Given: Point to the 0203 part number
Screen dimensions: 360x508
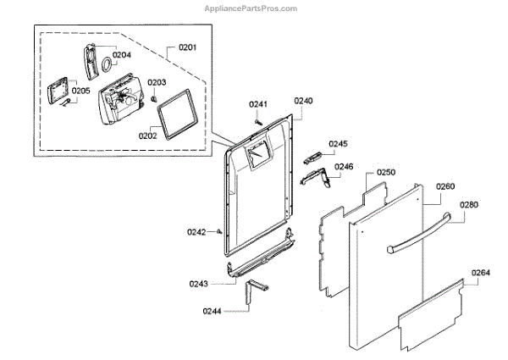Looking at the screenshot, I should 157,82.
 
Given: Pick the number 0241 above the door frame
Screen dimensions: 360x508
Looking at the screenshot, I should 258,103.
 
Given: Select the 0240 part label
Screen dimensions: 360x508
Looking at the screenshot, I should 303,100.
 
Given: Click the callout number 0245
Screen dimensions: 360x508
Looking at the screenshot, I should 339,144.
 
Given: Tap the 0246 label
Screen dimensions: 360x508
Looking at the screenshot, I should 343,166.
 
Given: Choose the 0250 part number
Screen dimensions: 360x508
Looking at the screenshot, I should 386,172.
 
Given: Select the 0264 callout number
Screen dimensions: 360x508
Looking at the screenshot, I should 480,272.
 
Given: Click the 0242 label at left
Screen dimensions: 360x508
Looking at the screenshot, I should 196,231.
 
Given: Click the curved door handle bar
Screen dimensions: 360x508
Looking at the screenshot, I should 423,234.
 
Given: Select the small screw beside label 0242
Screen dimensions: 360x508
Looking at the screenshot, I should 218,230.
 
